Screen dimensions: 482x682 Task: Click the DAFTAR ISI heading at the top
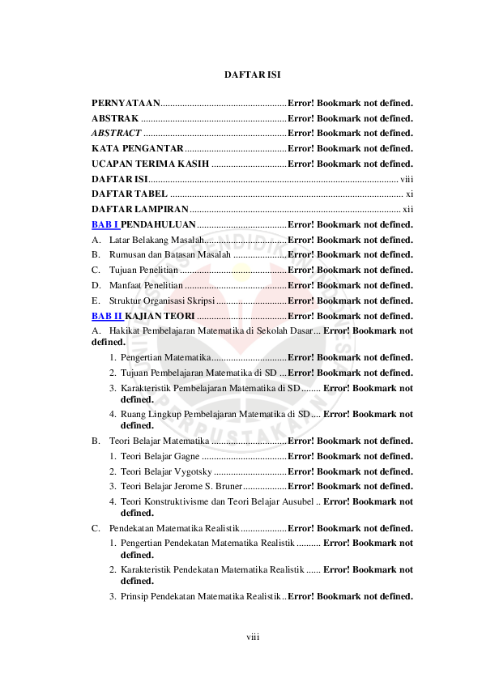(252, 75)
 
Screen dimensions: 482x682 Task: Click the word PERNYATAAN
(126, 103)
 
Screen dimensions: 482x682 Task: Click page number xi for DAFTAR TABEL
(409, 194)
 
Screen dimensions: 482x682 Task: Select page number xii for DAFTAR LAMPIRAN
(408, 210)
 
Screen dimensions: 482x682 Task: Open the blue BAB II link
(106, 316)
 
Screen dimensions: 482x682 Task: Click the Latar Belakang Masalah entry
(155, 240)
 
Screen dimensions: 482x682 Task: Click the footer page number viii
(252, 637)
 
